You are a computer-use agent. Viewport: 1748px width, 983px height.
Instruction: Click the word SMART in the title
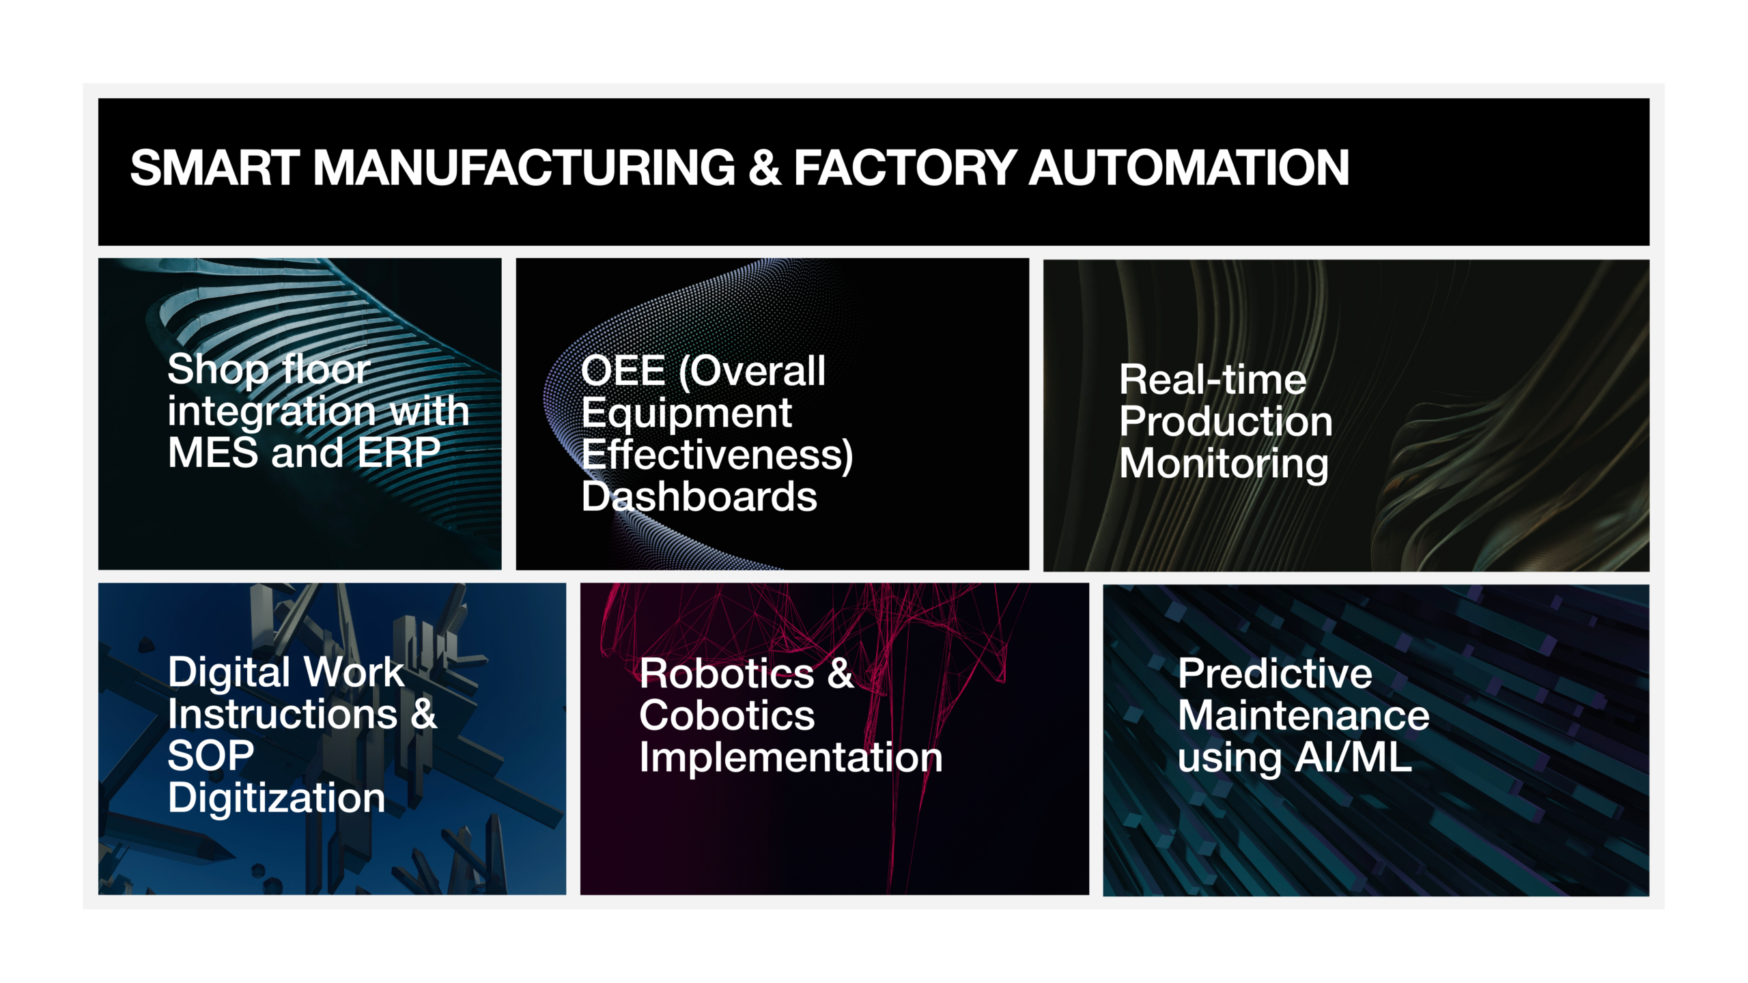[214, 168]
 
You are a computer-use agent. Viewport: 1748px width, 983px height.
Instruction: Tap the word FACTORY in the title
[905, 168]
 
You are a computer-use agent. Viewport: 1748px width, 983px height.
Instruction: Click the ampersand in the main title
[765, 168]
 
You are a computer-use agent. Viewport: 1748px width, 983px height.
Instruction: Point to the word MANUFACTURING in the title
[524, 168]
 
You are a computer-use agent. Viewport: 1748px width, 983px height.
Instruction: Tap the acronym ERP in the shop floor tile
[399, 453]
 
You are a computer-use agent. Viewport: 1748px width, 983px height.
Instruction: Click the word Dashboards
[699, 496]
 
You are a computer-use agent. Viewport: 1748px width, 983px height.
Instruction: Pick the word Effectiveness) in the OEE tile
[718, 455]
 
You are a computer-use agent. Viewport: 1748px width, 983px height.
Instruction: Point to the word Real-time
[1213, 380]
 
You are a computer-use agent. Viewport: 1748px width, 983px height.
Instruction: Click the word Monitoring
[1224, 464]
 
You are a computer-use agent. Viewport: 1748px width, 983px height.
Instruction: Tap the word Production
[1226, 421]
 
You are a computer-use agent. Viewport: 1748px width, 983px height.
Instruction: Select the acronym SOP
[211, 756]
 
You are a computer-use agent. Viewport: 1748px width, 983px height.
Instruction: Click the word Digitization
[277, 799]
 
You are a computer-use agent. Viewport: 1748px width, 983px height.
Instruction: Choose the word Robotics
[727, 674]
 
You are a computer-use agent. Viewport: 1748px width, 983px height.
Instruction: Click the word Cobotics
[727, 715]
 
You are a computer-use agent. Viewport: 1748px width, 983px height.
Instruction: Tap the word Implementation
[791, 758]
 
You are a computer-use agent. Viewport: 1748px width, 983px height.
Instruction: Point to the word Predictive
[1275, 674]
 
